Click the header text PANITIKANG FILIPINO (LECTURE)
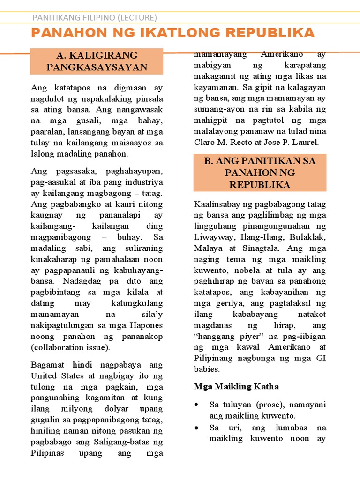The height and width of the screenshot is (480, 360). pos(94,18)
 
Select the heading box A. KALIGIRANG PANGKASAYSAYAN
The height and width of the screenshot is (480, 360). pos(97,61)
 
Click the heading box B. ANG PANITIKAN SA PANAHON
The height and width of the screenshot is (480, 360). pos(260,172)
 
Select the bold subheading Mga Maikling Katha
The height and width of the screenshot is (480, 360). pos(236,386)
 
